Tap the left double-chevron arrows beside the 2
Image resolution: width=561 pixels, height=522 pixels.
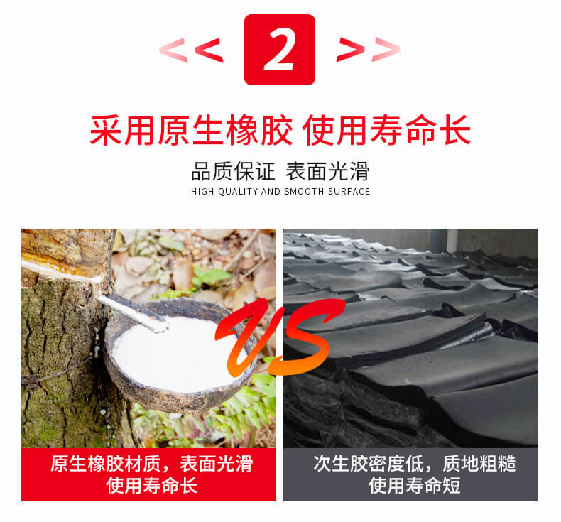tap(191, 50)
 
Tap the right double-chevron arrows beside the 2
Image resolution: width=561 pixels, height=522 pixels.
tap(368, 50)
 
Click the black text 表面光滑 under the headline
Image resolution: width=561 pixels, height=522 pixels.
tap(327, 172)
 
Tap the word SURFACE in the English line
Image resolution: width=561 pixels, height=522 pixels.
tap(349, 192)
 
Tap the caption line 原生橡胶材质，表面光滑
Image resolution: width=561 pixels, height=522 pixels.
tap(151, 464)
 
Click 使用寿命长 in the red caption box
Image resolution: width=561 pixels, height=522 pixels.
tap(151, 486)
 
